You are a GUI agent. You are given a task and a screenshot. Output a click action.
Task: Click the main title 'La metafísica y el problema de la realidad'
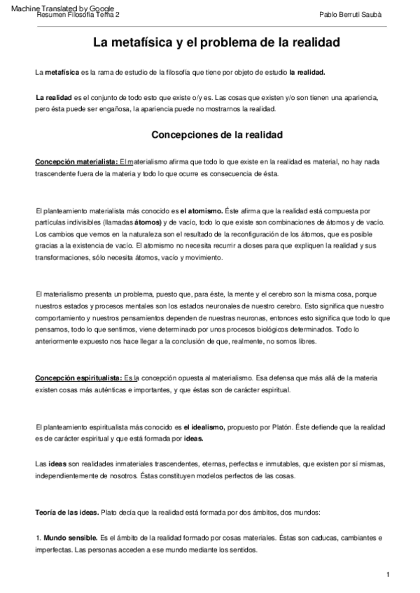pos(216,43)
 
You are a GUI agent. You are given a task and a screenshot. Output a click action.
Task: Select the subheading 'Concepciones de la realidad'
pos(217,134)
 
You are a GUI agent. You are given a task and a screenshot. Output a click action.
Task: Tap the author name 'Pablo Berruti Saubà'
pos(350,14)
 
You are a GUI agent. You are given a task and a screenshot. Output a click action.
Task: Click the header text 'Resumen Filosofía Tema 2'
pos(78,14)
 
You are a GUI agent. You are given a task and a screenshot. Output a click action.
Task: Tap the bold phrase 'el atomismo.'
pos(201,210)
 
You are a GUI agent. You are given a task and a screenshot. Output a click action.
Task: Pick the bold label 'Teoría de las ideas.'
pos(67,513)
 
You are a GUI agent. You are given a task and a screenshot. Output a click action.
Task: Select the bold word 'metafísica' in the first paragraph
pos(64,72)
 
